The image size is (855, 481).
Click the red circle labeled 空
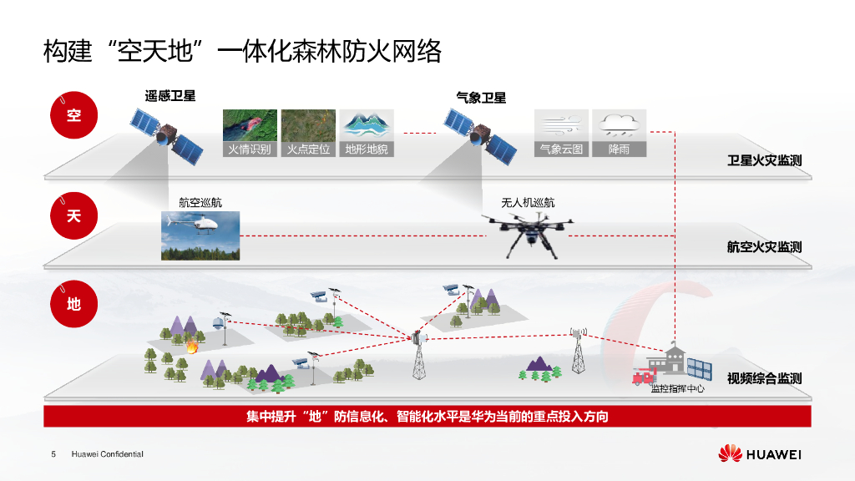click(x=74, y=114)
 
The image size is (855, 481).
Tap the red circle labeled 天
click(x=74, y=215)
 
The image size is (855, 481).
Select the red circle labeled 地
click(x=74, y=303)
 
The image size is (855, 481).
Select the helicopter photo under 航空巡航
click(x=200, y=235)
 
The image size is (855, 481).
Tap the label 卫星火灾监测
click(x=764, y=160)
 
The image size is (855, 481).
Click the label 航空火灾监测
click(x=764, y=247)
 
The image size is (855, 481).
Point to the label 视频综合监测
click(x=764, y=378)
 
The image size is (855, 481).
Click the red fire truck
click(x=643, y=377)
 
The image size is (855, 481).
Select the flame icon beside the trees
click(x=192, y=346)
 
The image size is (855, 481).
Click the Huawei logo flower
click(x=731, y=453)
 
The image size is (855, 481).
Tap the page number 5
click(x=53, y=454)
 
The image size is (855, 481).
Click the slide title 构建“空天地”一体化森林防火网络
click(x=242, y=52)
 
